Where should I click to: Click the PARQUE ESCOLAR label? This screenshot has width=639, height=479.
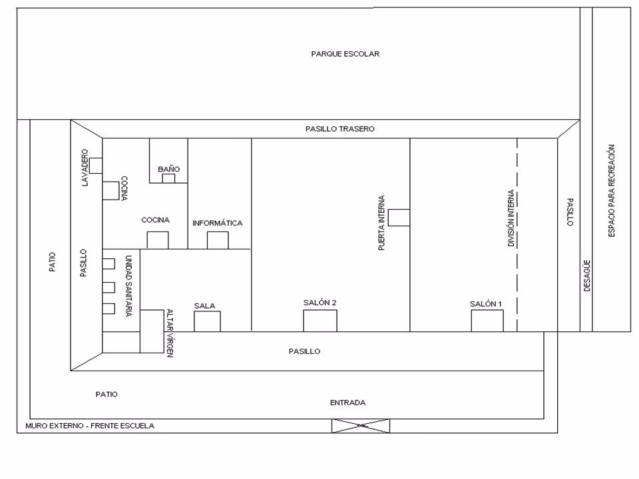(345, 54)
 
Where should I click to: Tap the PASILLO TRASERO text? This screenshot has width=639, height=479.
(340, 128)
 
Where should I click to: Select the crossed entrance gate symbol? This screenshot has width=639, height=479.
(361, 426)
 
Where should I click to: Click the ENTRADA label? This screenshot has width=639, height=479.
(347, 402)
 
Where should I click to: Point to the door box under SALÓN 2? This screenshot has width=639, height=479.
(320, 321)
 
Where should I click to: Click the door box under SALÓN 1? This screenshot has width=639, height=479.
(487, 321)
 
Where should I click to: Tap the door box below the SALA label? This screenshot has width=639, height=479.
(207, 321)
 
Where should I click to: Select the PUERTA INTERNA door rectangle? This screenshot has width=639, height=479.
(399, 218)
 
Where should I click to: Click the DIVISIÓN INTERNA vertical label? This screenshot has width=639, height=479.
(511, 218)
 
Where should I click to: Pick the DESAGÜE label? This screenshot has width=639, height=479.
(587, 275)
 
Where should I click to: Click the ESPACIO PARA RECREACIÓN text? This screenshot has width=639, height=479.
(611, 191)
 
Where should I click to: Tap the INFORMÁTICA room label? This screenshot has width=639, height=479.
(217, 223)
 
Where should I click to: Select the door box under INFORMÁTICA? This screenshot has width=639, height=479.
(218, 240)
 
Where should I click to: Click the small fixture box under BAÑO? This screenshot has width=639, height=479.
(168, 178)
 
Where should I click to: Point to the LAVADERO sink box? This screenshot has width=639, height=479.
(95, 166)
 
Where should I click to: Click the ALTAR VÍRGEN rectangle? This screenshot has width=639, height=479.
(152, 331)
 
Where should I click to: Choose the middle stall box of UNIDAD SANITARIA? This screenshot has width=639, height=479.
(108, 287)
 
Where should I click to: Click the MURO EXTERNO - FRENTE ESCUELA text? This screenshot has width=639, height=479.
(90, 426)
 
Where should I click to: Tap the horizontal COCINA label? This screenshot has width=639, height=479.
(155, 220)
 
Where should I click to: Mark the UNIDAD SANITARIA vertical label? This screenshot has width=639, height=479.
(128, 286)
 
